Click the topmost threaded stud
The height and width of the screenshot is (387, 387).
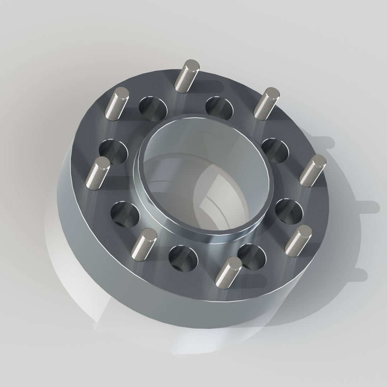pyautogui.click(x=186, y=77)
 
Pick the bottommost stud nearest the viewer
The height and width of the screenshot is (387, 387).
pyautogui.click(x=230, y=270)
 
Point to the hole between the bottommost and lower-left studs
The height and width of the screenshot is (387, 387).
pyautogui.click(x=183, y=258)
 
